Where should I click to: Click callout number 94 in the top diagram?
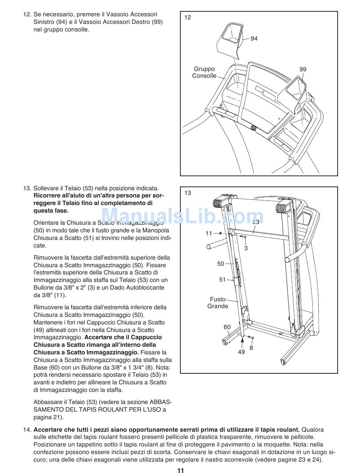(254, 39)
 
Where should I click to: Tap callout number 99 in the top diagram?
(303, 69)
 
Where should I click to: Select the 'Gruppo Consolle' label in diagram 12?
(204, 72)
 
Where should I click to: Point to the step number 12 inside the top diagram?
(188, 17)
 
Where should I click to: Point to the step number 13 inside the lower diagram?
(188, 193)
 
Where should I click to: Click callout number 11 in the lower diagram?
(209, 233)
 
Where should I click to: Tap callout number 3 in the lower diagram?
(246, 248)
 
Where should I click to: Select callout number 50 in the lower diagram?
(221, 264)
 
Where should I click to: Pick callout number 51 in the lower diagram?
(222, 280)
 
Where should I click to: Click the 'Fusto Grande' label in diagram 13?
(218, 303)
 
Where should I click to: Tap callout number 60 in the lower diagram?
(227, 327)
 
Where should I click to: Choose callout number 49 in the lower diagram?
(241, 352)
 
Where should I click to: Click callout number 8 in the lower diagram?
(251, 348)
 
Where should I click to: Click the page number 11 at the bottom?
(180, 470)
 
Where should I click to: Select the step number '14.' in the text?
(27, 430)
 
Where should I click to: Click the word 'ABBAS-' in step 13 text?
(161, 402)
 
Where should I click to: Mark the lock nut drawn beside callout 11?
(220, 233)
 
